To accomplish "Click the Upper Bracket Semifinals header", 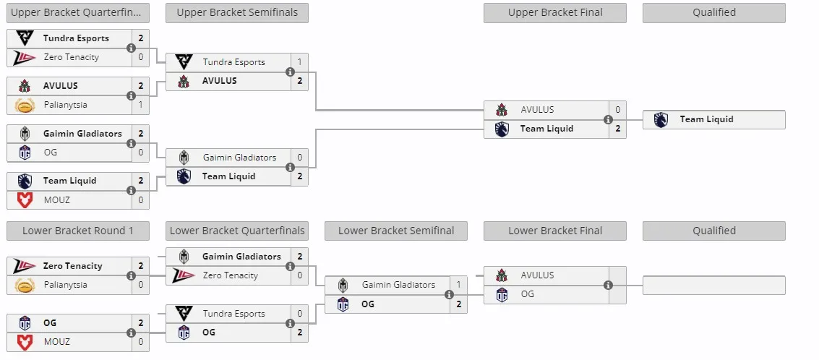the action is pyautogui.click(x=237, y=12).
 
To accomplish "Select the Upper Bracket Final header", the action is pyautogui.click(x=555, y=12).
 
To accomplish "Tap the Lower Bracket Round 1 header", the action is pyautogui.click(x=78, y=231).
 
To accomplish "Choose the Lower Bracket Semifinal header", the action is pyautogui.click(x=396, y=231).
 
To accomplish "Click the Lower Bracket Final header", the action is pyautogui.click(x=555, y=231).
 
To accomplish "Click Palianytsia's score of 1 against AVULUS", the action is pyautogui.click(x=141, y=105).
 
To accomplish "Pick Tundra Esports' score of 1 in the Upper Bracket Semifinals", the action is pyautogui.click(x=300, y=62).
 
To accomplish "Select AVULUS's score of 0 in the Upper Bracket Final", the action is pyautogui.click(x=618, y=110).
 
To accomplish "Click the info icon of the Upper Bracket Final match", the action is pyautogui.click(x=608, y=120).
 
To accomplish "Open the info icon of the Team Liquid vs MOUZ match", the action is pyautogui.click(x=131, y=190).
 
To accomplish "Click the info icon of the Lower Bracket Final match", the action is pyautogui.click(x=608, y=286).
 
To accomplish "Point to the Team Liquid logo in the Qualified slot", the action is pyautogui.click(x=661, y=120).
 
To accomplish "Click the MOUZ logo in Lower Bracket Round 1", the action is pyautogui.click(x=25, y=342).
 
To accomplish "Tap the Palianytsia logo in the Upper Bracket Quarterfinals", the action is pyautogui.click(x=25, y=106).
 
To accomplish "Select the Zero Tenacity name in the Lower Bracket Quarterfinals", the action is pyautogui.click(x=231, y=276).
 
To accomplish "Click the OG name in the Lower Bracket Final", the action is pyautogui.click(x=528, y=294).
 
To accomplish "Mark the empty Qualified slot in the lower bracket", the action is pyautogui.click(x=714, y=286).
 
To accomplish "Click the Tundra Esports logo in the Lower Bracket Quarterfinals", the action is pyautogui.click(x=184, y=314).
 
